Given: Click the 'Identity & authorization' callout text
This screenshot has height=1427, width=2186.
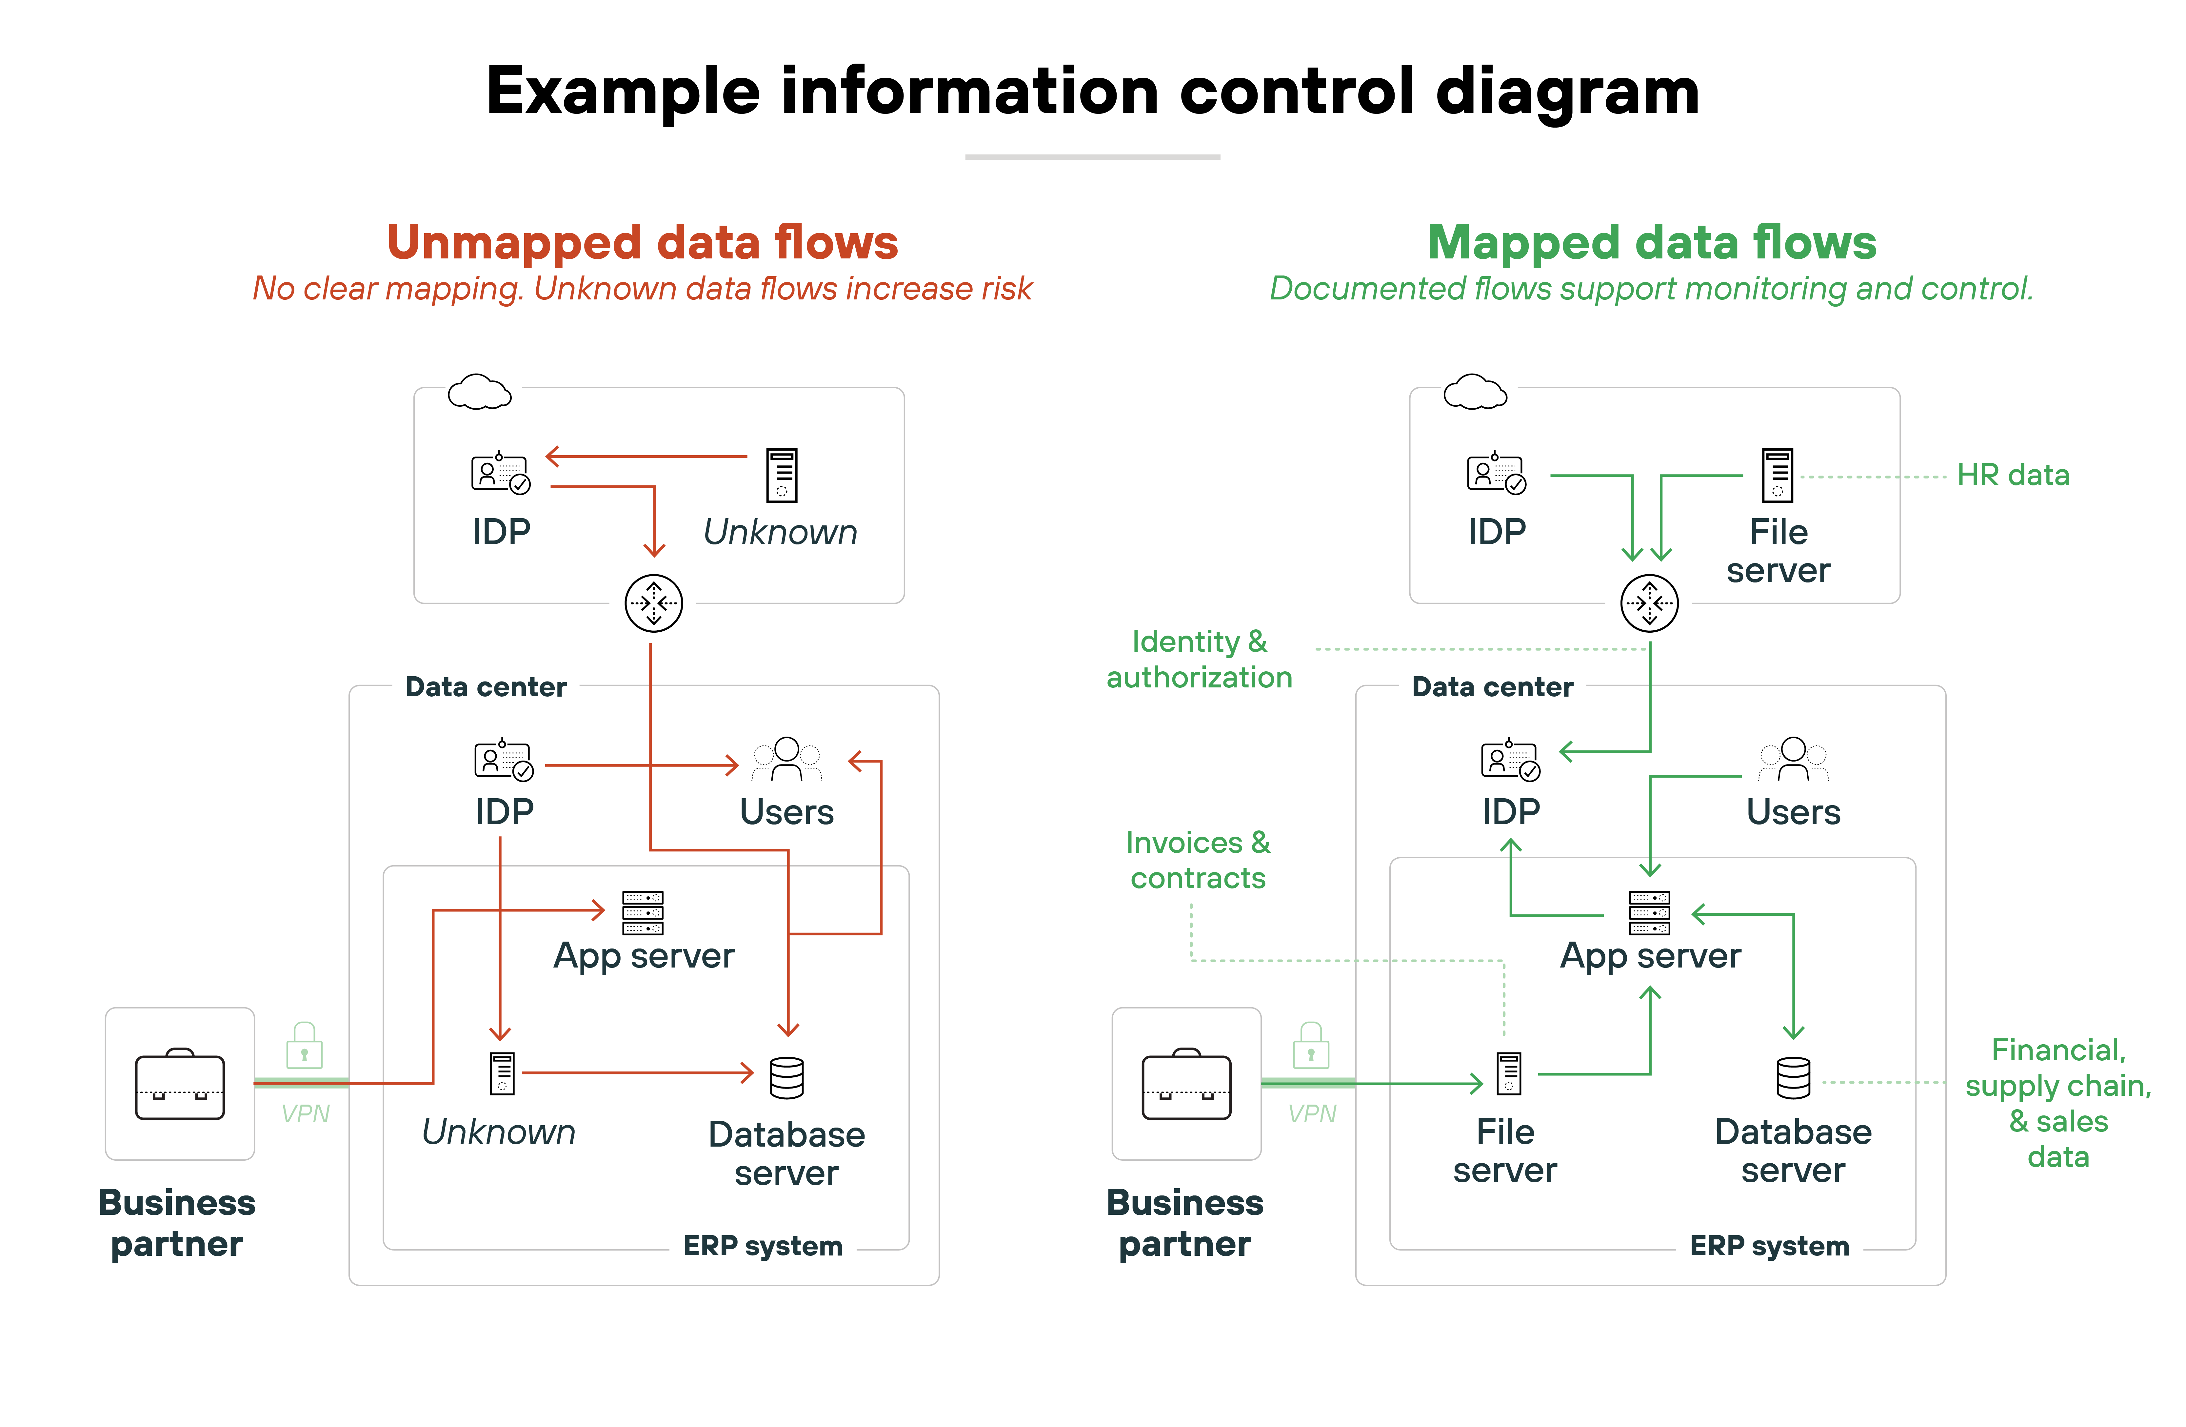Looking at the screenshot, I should coord(1199,659).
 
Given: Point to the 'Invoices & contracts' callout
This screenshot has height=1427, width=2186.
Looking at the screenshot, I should coord(1198,860).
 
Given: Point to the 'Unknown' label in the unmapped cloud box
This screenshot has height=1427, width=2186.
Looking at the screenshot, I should coord(780,532).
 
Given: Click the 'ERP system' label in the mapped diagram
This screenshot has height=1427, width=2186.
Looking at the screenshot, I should coord(1769,1246).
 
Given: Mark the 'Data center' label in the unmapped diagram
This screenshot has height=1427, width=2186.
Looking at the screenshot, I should coord(486,687).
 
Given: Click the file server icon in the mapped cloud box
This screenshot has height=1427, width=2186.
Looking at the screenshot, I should coord(1777,475).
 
